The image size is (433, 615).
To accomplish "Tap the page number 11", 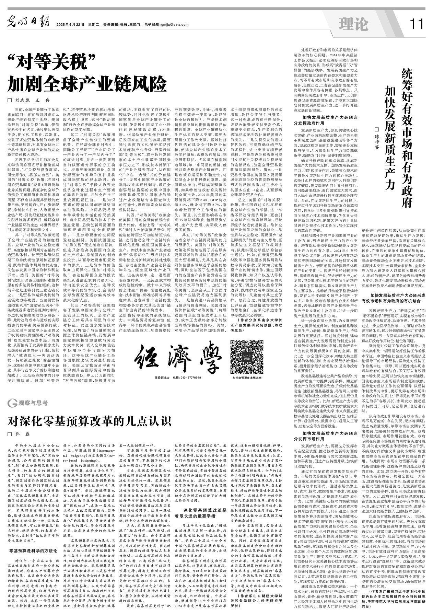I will (417, 24).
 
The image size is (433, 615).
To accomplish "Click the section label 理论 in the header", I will (353, 24).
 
